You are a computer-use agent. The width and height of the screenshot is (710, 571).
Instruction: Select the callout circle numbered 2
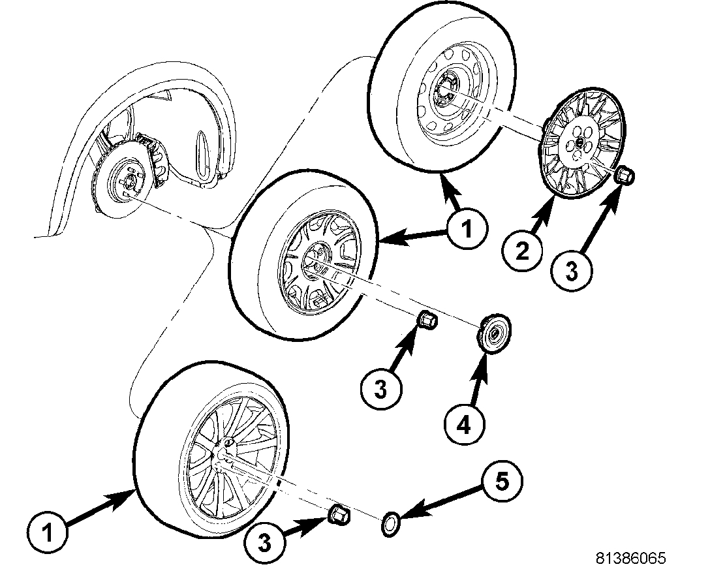coord(522,251)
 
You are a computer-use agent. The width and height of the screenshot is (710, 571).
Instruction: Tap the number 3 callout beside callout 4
coord(380,390)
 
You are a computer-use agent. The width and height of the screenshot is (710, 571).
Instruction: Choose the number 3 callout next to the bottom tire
coord(264,540)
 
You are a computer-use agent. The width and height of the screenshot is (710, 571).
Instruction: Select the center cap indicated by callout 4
coord(493,333)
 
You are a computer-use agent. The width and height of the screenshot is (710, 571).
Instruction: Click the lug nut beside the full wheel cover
coord(626,176)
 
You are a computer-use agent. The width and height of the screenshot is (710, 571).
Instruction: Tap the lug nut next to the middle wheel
coord(427,321)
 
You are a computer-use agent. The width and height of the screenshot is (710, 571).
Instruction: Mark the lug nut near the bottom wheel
coord(337,514)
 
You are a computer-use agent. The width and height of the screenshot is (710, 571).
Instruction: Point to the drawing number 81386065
coord(630,558)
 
